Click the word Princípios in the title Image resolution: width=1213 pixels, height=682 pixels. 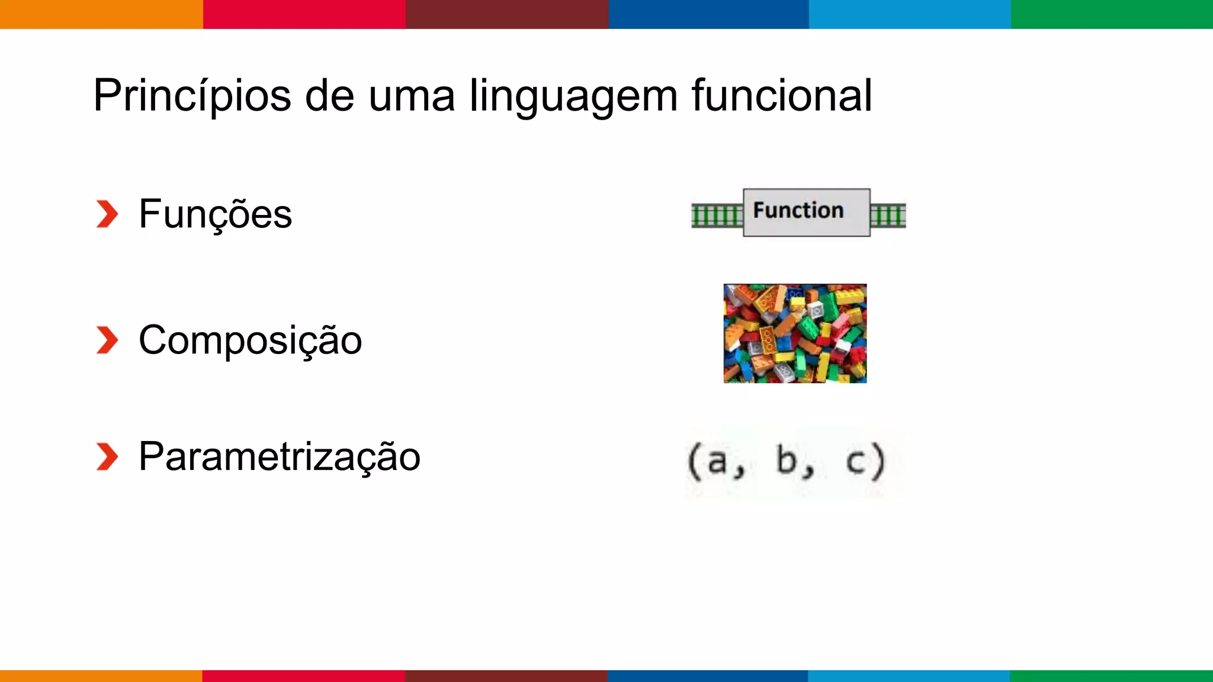192,95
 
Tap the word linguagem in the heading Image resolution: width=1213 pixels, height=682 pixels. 573,96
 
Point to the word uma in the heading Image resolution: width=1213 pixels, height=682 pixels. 412,96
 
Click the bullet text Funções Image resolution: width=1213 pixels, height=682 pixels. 215,214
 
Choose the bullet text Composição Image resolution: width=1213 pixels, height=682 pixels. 250,340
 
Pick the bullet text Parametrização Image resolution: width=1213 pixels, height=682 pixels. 280,456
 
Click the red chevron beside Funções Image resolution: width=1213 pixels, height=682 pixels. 107,214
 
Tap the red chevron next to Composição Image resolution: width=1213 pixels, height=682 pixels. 107,340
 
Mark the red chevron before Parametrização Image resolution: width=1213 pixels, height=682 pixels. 107,456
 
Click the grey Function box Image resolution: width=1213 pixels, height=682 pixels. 807,212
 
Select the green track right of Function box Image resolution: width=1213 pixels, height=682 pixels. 888,215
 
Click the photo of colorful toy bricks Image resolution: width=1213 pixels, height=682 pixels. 795,333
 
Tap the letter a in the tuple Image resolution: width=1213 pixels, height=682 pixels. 717,461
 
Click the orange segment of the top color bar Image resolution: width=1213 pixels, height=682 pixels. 101,14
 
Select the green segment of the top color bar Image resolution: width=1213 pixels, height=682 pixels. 1112,14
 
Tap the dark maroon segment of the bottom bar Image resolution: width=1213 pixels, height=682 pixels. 506,675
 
